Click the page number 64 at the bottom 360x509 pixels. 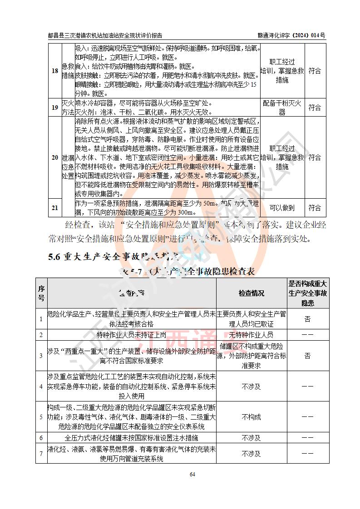[x=192, y=474]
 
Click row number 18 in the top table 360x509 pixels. [x=54, y=71]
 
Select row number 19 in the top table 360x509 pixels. [x=54, y=108]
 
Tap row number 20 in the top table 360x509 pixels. [x=54, y=157]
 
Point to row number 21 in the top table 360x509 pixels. [x=54, y=208]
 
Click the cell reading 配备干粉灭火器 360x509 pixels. [x=282, y=108]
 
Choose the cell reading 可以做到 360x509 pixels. [x=282, y=208]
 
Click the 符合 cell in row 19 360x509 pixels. [x=315, y=108]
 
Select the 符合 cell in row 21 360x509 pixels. [x=315, y=208]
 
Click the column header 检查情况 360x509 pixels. [x=252, y=294]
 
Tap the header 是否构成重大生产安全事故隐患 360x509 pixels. [x=307, y=294]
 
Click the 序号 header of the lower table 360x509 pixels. [x=41, y=294]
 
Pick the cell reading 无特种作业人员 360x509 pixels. [x=252, y=335]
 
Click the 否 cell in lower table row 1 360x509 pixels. [x=307, y=319]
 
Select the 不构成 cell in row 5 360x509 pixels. [x=252, y=416]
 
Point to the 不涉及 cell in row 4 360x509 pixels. [x=252, y=387]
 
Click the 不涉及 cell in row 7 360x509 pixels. [x=252, y=453]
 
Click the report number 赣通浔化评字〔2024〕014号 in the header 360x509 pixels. [x=291, y=35]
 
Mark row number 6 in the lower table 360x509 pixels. [x=41, y=438]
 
